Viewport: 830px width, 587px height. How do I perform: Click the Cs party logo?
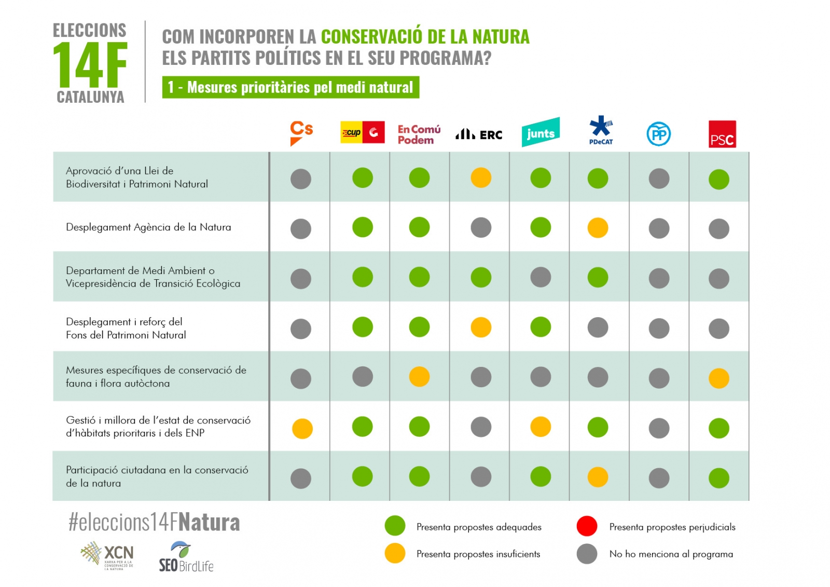click(301, 133)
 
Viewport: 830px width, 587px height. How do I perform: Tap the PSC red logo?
click(722, 134)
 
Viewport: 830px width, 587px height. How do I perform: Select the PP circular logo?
click(659, 134)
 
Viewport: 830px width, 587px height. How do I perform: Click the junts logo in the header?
click(541, 133)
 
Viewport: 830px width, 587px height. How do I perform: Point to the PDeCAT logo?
click(601, 130)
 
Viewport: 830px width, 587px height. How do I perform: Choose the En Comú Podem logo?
click(419, 134)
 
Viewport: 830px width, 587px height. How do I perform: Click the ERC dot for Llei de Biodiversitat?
click(481, 178)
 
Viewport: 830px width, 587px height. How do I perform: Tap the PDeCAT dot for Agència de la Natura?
click(598, 228)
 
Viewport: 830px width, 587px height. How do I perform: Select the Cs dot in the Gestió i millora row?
click(302, 429)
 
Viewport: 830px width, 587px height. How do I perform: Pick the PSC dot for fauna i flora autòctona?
click(718, 378)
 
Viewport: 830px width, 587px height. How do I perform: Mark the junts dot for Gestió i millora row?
click(541, 427)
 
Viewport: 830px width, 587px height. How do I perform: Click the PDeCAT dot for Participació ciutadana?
click(598, 477)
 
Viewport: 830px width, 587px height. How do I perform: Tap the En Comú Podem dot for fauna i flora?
click(419, 377)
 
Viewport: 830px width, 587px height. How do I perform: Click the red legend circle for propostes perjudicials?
click(587, 526)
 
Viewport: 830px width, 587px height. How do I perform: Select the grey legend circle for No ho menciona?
click(587, 554)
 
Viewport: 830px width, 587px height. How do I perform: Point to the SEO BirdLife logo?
click(186, 557)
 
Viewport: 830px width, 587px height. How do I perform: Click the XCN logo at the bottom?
click(108, 555)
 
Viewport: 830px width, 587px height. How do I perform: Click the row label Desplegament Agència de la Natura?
click(148, 227)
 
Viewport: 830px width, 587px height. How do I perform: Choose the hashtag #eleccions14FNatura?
click(154, 522)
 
